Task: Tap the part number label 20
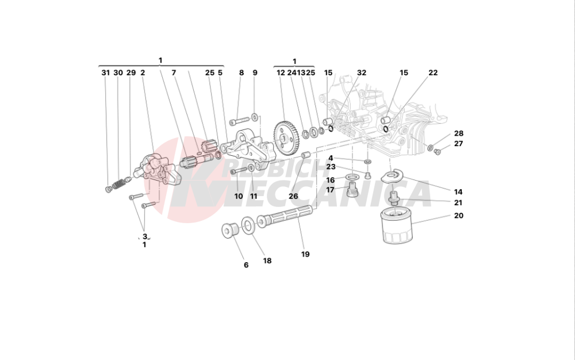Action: (x=458, y=216)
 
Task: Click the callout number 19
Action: (x=305, y=254)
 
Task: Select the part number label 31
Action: (x=105, y=73)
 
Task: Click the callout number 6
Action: (x=246, y=265)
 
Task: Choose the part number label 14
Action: (x=458, y=192)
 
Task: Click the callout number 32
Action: (x=361, y=73)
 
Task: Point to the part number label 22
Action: (x=433, y=73)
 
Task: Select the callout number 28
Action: (x=458, y=133)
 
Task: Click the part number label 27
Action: (x=458, y=144)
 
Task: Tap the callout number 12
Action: (x=281, y=73)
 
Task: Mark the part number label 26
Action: (x=293, y=196)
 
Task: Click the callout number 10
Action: (x=239, y=196)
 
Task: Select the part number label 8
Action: (x=241, y=73)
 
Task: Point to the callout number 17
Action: (x=331, y=190)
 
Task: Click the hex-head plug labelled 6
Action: (x=231, y=231)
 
